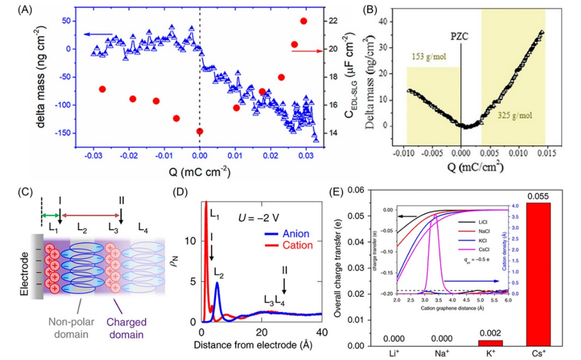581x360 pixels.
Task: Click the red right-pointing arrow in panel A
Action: coord(306,50)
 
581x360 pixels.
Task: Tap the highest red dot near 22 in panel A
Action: coord(303,21)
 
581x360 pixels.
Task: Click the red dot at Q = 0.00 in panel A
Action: coord(199,131)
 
